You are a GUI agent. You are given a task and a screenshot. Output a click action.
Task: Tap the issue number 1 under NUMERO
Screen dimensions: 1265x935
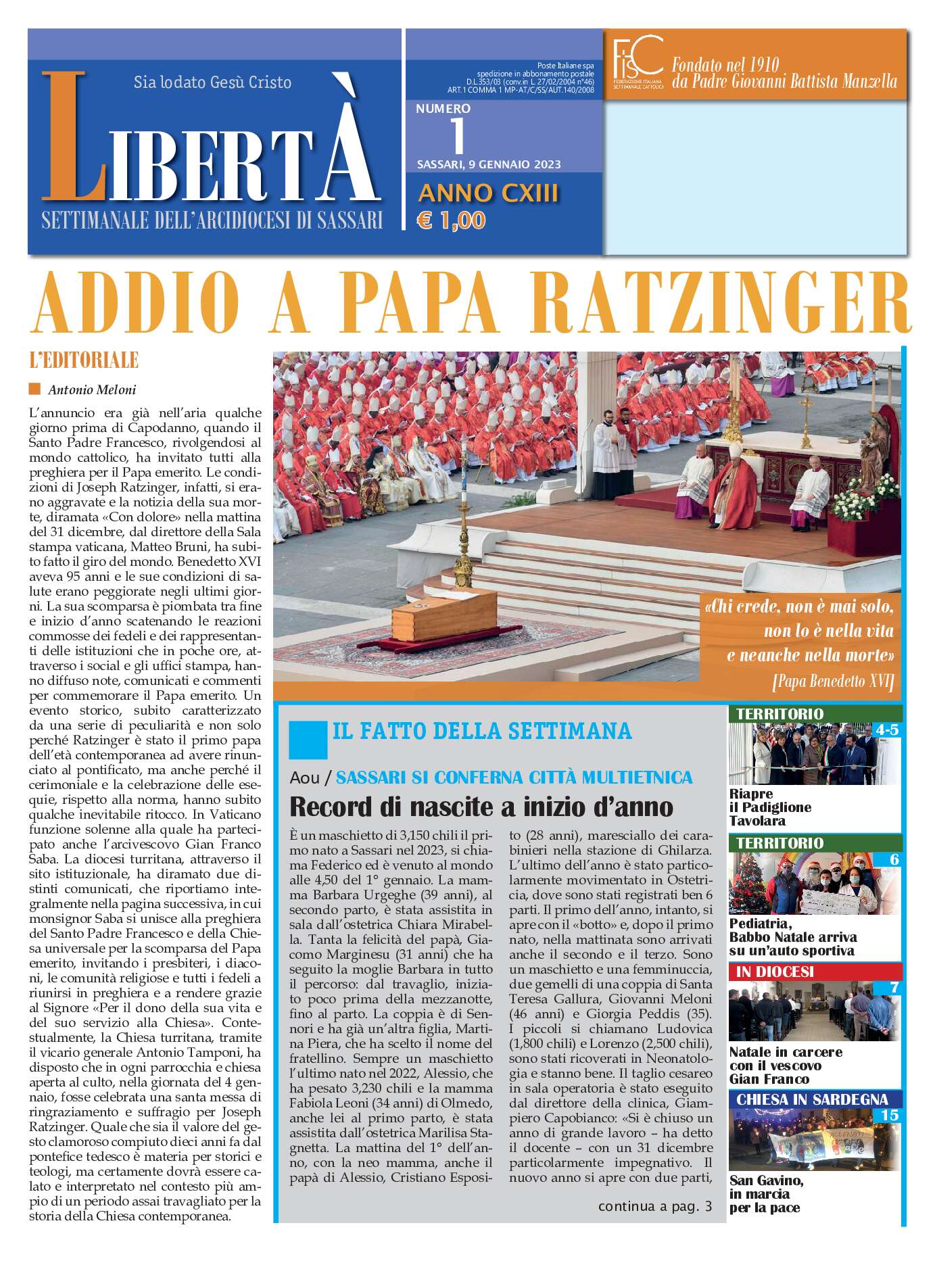458,136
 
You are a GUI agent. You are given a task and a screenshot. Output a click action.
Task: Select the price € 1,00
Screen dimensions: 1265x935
451,220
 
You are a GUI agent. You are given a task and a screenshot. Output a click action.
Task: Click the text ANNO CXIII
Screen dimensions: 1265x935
488,193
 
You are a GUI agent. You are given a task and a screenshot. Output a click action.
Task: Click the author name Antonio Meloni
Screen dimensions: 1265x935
92,389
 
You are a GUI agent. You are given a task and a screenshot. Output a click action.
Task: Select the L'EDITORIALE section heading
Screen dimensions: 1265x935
84,360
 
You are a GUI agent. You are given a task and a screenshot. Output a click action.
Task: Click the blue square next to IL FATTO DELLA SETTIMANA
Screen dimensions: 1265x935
308,740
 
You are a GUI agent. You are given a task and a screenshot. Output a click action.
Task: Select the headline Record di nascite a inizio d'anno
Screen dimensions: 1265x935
481,807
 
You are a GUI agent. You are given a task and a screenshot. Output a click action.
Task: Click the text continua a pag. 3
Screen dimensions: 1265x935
654,1206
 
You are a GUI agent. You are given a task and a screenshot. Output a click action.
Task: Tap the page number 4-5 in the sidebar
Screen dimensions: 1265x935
886,730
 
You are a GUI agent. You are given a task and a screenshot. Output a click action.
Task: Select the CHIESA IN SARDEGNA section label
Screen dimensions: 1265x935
811,1099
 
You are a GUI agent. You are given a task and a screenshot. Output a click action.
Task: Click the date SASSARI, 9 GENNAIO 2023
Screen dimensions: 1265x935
488,164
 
